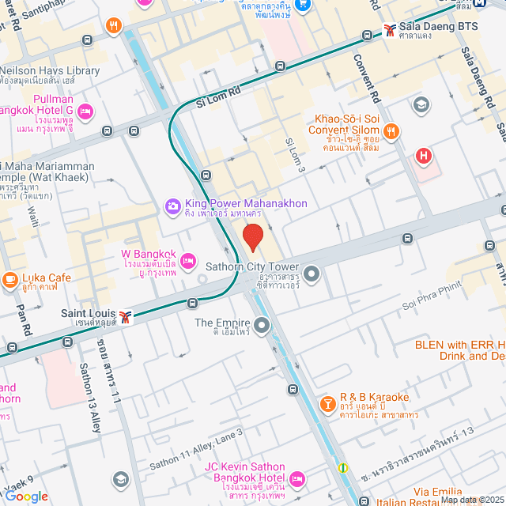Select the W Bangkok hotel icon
(x=188, y=260)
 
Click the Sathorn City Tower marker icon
(x=312, y=274)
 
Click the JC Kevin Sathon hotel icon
(x=297, y=478)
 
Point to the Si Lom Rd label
(x=218, y=98)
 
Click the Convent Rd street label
(x=368, y=76)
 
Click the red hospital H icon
(x=425, y=157)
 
